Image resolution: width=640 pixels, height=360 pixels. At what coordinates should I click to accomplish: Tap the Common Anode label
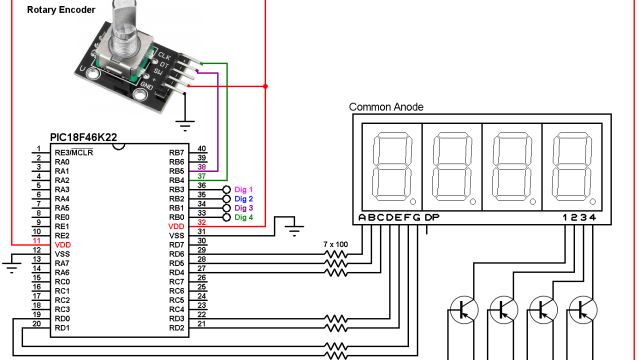388,107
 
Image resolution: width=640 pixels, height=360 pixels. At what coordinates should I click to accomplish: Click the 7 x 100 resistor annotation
336,244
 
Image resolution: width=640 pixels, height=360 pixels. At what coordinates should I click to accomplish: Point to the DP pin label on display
432,218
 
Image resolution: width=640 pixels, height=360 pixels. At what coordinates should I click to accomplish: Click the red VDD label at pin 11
63,245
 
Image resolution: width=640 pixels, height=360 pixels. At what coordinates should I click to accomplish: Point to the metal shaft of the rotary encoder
124,24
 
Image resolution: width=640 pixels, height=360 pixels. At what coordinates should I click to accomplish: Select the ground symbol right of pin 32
294,230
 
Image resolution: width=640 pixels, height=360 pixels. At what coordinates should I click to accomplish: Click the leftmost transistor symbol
463,310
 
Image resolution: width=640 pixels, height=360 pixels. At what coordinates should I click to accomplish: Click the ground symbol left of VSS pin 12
12,264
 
